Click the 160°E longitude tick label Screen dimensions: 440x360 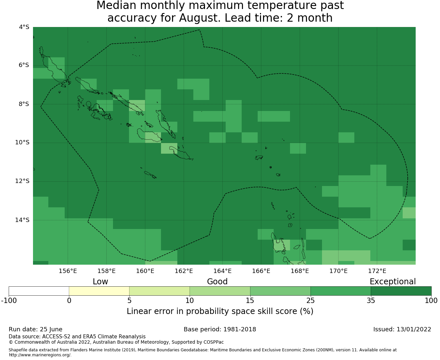(x=145, y=271)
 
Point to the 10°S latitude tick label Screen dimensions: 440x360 (x=22, y=142)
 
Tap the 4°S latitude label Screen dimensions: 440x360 (x=24, y=27)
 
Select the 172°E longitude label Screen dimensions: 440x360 (x=377, y=271)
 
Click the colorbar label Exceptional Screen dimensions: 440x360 (x=393, y=282)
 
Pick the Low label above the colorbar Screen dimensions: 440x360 (x=100, y=282)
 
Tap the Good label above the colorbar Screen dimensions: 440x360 (x=217, y=282)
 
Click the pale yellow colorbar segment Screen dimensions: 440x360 (x=99, y=291)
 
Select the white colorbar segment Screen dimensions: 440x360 (x=39, y=291)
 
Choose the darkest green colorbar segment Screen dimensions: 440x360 (x=401, y=291)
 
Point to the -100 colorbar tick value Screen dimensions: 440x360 (x=9, y=301)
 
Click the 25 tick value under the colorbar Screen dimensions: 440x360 (x=310, y=301)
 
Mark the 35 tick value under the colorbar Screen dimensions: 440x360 (x=371, y=301)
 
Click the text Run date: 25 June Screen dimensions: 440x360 (x=35, y=329)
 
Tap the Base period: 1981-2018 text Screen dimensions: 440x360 (x=220, y=329)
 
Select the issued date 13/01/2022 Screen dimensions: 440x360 (x=414, y=329)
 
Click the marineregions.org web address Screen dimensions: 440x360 (x=40, y=355)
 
